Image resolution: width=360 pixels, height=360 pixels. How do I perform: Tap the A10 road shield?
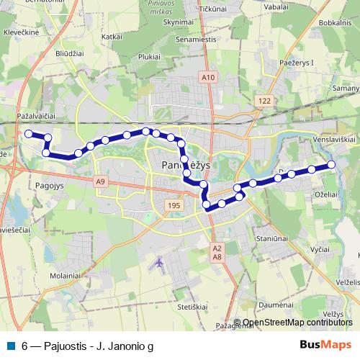click(x=208, y=77)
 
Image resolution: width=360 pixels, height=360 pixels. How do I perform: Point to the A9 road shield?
click(x=100, y=182)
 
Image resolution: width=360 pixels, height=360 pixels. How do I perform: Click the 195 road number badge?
click(x=173, y=205)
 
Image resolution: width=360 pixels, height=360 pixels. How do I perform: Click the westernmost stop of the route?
click(x=29, y=133)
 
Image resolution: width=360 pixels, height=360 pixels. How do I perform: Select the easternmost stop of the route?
click(x=332, y=165)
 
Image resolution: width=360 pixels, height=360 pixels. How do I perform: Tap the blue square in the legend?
click(x=12, y=346)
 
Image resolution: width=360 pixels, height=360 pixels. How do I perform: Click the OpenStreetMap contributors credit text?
click(x=297, y=323)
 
